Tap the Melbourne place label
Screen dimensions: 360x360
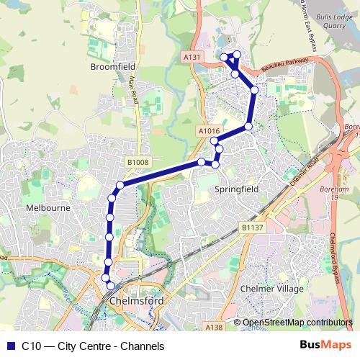point(47,207)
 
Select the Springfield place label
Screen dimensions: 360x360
point(236,189)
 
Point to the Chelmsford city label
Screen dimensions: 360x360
point(135,301)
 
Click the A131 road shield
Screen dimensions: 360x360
point(192,56)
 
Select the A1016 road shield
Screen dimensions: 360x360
point(207,131)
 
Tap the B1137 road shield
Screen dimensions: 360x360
point(251,228)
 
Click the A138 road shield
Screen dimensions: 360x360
point(214,328)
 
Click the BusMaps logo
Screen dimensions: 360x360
point(325,345)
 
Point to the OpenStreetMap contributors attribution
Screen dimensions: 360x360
point(297,322)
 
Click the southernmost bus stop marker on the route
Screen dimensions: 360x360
point(110,286)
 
